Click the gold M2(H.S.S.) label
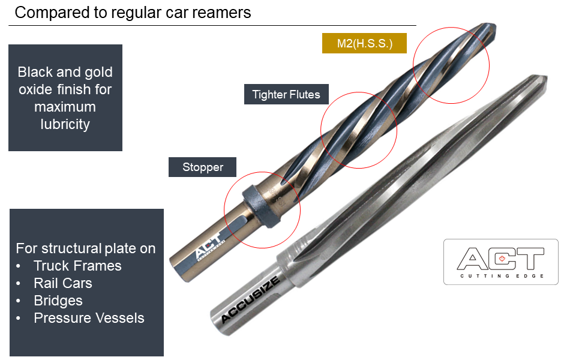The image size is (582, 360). tap(365, 43)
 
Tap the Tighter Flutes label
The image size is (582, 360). tap(286, 94)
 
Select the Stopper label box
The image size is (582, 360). tap(203, 167)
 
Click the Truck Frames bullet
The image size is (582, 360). tap(77, 266)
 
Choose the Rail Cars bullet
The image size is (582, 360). tap(63, 283)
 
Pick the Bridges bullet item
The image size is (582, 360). tap(58, 301)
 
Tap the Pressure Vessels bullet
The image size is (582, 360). tap(89, 318)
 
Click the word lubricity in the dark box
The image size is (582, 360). tap(65, 124)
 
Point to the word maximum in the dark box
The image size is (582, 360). tap(65, 107)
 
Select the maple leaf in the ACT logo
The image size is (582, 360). tap(501, 259)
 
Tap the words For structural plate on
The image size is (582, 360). tap(86, 248)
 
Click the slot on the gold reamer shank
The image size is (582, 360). tap(238, 224)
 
